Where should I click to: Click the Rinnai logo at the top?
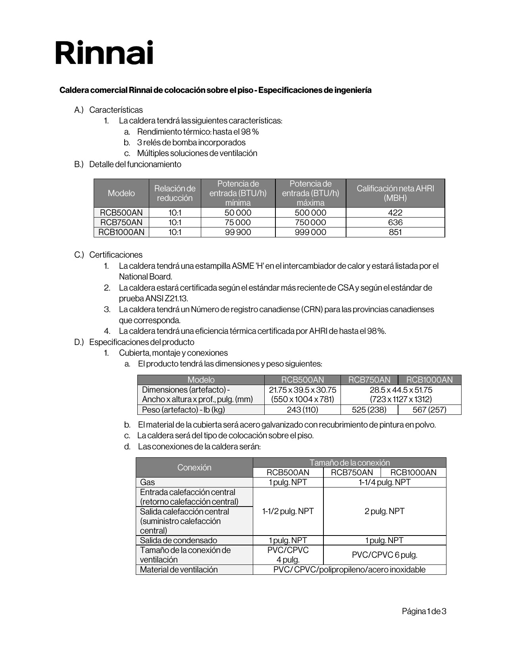(x=104, y=53)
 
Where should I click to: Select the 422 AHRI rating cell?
(x=395, y=212)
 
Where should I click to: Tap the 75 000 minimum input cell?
(x=238, y=222)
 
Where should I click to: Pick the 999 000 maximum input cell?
(x=310, y=232)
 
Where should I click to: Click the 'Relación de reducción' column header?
(x=175, y=193)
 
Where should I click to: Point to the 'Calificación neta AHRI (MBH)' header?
(x=395, y=193)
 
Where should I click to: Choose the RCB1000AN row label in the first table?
(x=121, y=232)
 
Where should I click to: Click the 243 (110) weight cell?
(x=302, y=410)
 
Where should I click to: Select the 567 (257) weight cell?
(x=429, y=410)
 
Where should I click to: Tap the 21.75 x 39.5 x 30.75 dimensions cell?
(x=302, y=390)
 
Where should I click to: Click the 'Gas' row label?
(x=148, y=482)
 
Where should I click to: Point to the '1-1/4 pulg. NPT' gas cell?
(x=385, y=482)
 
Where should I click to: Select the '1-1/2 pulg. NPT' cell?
(x=288, y=511)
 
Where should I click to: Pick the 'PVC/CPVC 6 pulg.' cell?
(x=385, y=555)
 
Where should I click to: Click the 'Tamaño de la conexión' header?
(x=349, y=462)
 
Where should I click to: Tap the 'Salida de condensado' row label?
(x=179, y=540)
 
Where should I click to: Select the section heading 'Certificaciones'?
(x=115, y=255)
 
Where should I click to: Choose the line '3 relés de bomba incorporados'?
(x=191, y=143)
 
